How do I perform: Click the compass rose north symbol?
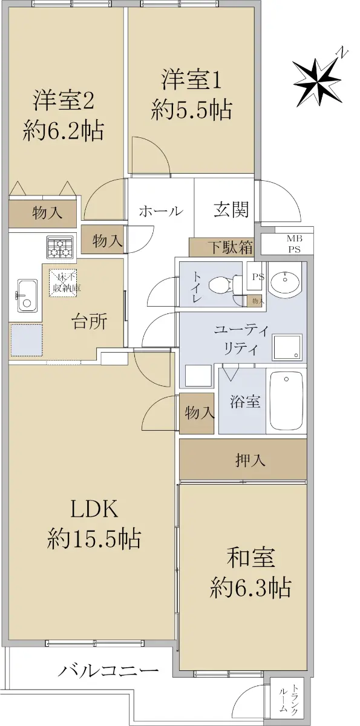[317, 79]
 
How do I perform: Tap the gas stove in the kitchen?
[60, 247]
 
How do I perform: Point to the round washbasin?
[285, 283]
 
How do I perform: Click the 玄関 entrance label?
[231, 209]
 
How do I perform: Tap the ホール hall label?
[161, 211]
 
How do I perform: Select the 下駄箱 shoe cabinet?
[221, 247]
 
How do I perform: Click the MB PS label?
[294, 244]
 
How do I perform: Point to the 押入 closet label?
[250, 460]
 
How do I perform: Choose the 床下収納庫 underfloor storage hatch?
[64, 283]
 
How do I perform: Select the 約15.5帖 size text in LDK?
[94, 538]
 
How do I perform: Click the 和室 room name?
[251, 558]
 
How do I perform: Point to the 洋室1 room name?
[192, 79]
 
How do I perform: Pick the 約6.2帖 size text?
[64, 131]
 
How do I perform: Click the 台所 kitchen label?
[89, 322]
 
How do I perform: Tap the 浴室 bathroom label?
[245, 402]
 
